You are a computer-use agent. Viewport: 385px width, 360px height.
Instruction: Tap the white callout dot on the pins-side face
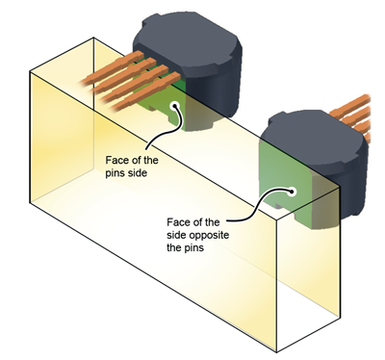174,107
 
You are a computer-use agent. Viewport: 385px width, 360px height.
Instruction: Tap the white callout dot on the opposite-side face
291,190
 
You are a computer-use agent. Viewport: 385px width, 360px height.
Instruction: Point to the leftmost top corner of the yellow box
31,69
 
